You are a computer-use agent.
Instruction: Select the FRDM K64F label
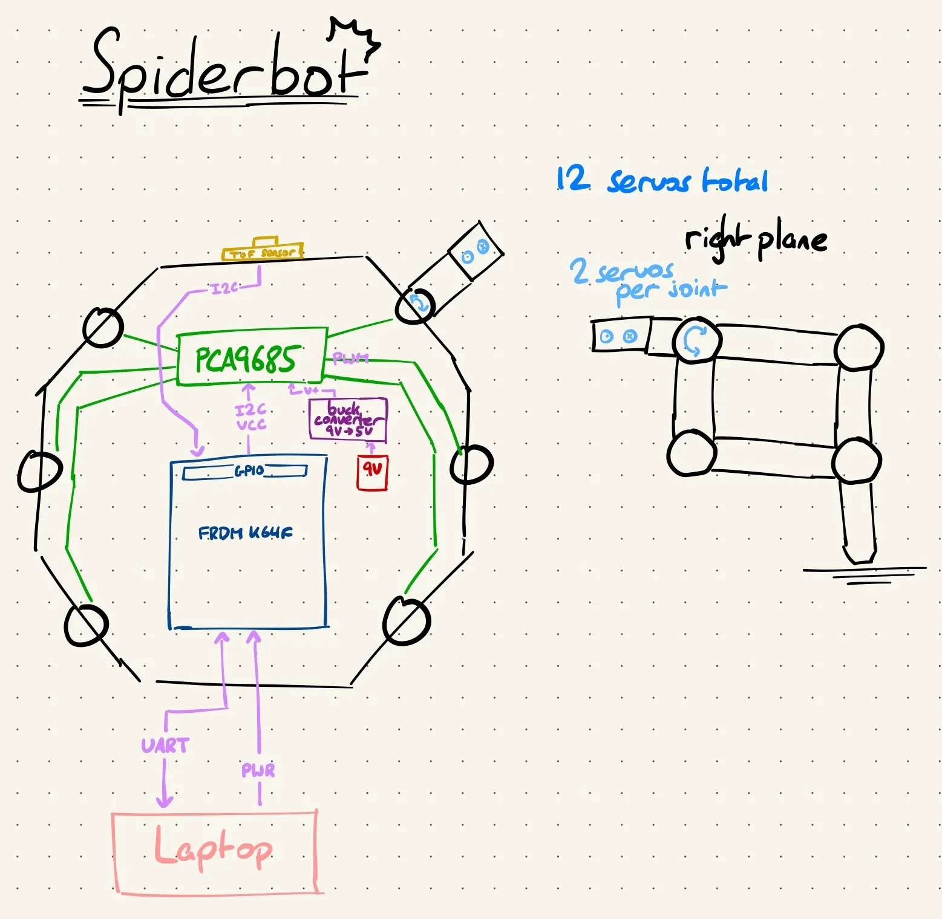pos(245,533)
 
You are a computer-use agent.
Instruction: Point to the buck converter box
pos(348,418)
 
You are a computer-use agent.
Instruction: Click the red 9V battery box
pos(372,472)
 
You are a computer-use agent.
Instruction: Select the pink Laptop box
pos(215,852)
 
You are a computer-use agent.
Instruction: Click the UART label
pos(165,745)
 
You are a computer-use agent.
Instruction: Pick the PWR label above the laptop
pos(258,771)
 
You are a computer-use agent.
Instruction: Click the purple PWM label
pos(350,359)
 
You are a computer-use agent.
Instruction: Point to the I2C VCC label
pos(250,417)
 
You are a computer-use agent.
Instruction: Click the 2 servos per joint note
pos(647,281)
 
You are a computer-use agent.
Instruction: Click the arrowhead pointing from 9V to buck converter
pos(371,447)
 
